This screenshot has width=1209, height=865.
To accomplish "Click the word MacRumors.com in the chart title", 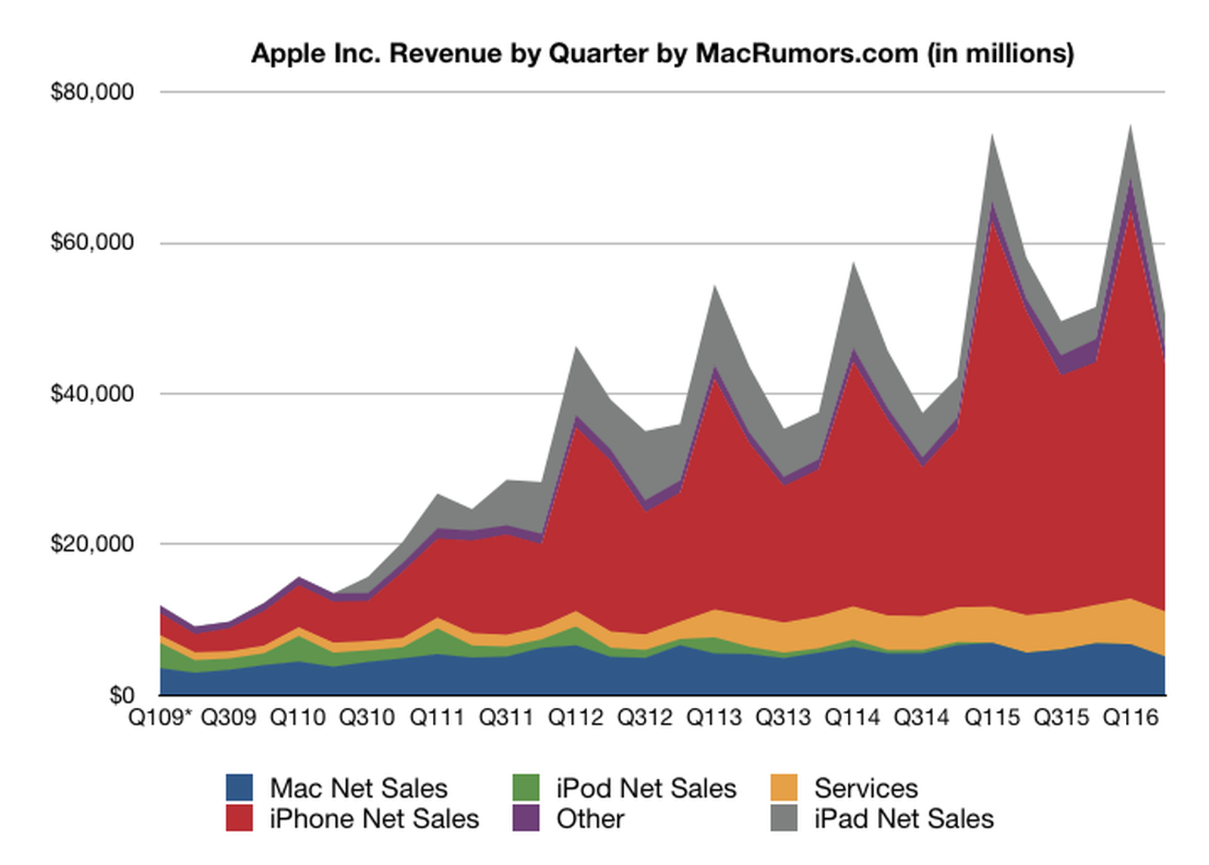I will coord(806,54).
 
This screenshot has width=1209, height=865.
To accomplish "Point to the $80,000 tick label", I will coord(92,92).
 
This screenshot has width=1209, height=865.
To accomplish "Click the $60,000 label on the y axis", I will coord(92,243).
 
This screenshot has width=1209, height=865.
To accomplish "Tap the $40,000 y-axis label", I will coord(92,394).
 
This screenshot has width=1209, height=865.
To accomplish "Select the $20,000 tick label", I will coord(92,544).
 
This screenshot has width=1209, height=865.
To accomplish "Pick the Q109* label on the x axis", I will coord(161,717).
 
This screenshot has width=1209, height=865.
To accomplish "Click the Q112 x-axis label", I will coord(576,717).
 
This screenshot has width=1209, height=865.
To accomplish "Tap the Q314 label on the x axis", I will coord(921,717).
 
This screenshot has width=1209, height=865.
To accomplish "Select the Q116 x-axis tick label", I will coord(1130,717).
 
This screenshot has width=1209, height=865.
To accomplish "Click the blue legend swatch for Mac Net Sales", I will coord(240,788).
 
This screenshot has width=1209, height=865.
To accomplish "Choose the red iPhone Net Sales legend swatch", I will coord(240,819).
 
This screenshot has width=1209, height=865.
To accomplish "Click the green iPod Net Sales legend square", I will coord(526,788).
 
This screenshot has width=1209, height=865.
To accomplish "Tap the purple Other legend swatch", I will coord(526,819).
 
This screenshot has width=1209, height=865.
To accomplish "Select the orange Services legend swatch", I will coord(784,788).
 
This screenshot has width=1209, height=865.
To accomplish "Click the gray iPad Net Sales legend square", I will coord(784,819).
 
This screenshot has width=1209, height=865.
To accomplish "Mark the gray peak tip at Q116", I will coord(1130,127).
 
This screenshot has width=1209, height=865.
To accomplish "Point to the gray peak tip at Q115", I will coord(992,136).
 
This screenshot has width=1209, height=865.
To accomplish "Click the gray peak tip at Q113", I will coord(714,286).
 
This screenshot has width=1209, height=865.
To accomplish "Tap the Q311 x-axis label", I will coord(506,717).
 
